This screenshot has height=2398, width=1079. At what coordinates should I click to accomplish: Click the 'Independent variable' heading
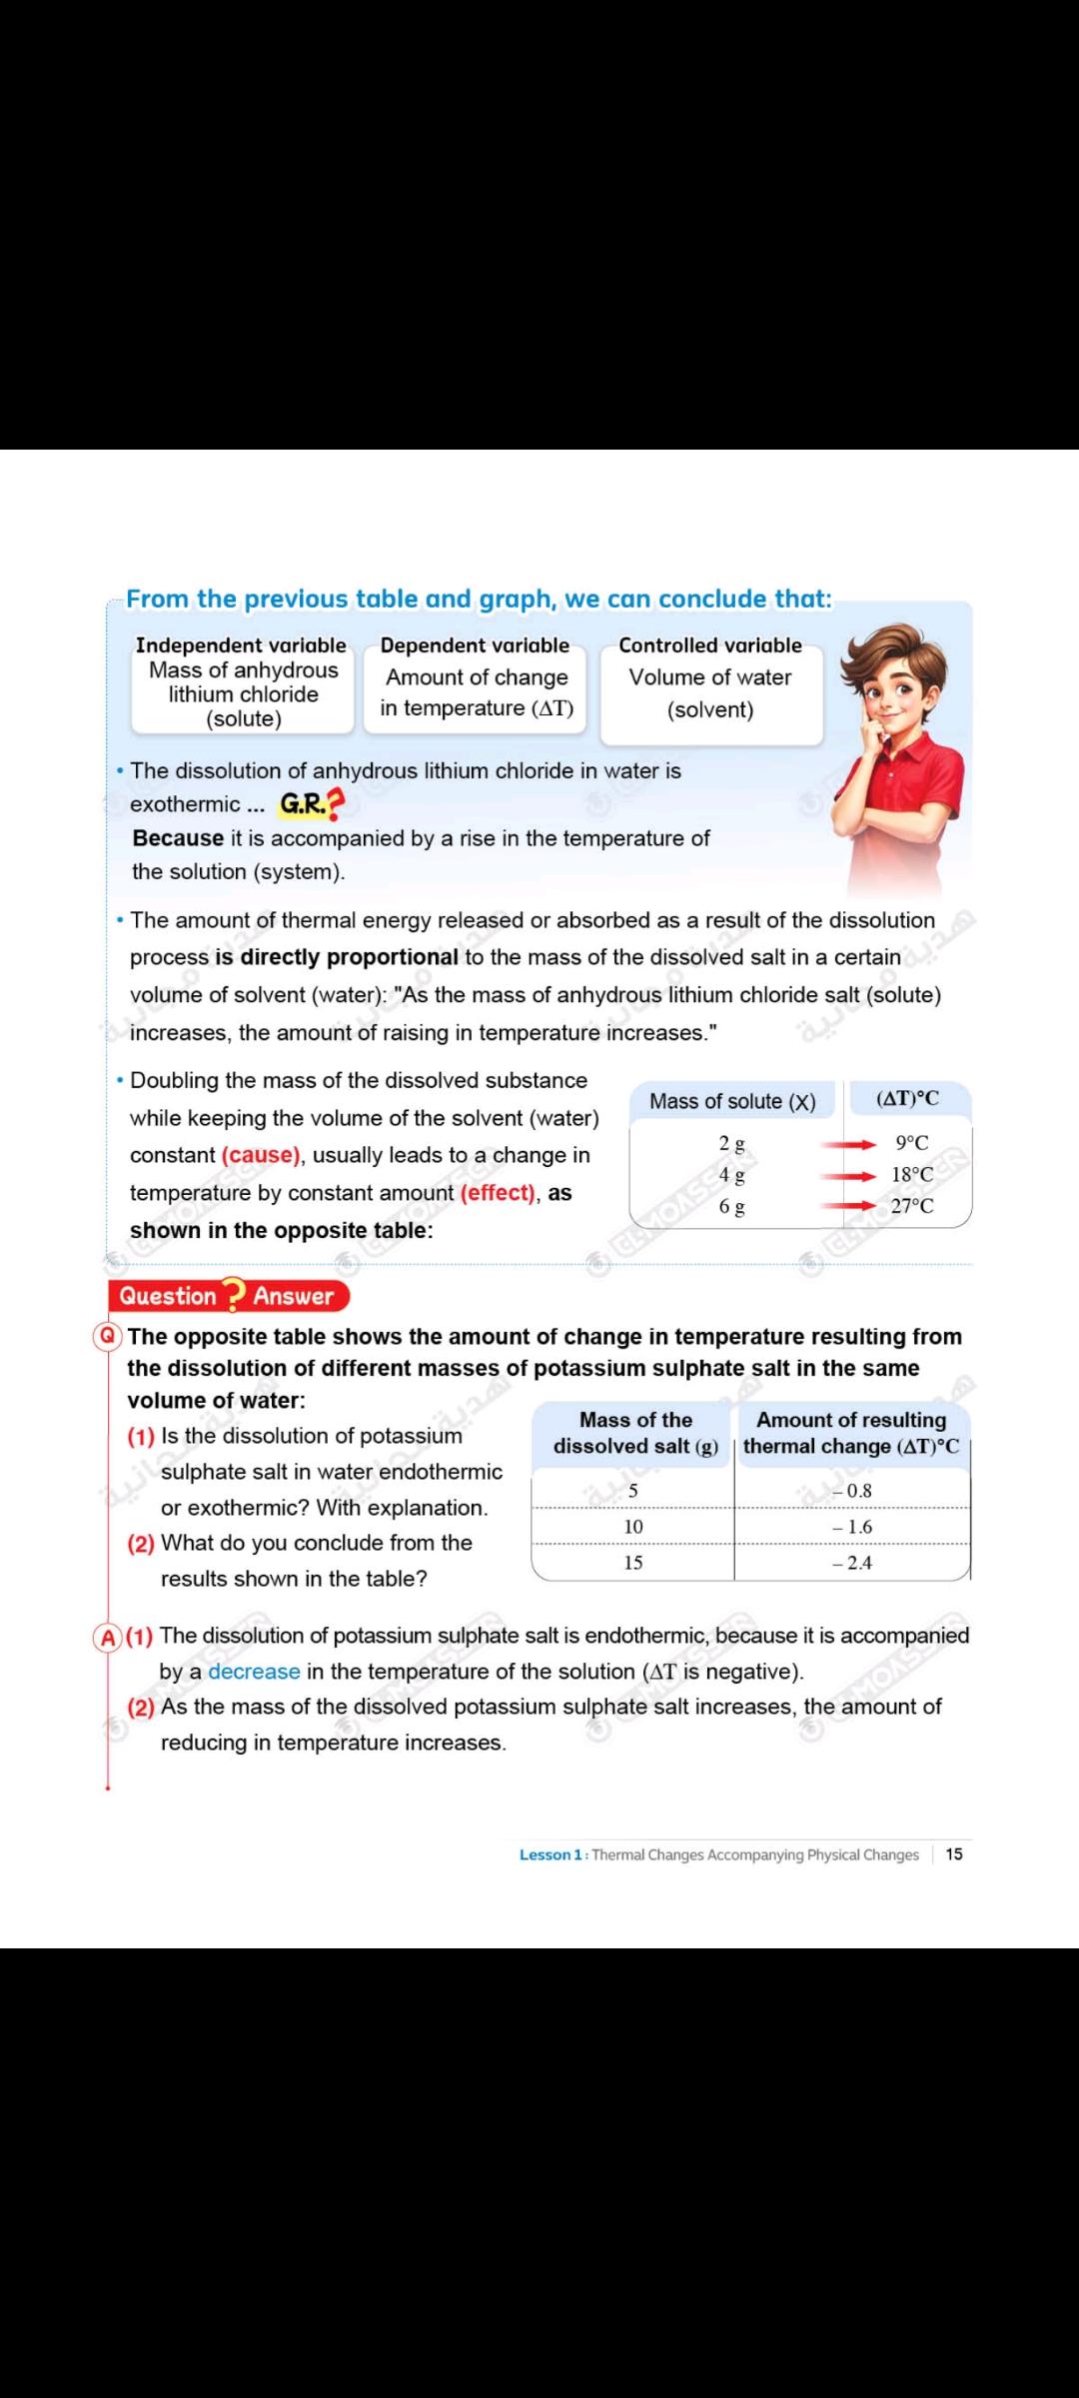coord(241,645)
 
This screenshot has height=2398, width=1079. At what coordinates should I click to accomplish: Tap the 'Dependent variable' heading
coord(475,645)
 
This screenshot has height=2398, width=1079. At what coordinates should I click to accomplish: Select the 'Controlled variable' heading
coord(710,645)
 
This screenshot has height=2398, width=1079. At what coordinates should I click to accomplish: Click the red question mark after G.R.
coord(335,803)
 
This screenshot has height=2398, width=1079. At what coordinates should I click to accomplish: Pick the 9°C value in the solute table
coord(912,1143)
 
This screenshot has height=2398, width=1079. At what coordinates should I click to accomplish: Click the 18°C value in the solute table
coord(912,1175)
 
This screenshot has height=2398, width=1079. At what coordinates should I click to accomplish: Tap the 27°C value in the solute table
coord(912,1206)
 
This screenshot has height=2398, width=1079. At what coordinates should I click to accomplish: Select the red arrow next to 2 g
coord(848,1145)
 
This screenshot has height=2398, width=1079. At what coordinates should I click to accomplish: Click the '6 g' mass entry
coord(732,1207)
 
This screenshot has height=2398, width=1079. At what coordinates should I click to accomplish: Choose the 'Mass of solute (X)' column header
coord(732,1101)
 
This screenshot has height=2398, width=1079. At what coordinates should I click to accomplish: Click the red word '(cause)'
coord(261,1155)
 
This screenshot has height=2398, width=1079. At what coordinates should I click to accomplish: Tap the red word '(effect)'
coord(498,1193)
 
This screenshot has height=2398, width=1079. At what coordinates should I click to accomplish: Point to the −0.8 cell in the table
coord(852,1491)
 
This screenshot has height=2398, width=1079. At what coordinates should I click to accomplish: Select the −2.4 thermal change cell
coord(852,1563)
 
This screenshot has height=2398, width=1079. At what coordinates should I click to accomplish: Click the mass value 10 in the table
coord(633,1527)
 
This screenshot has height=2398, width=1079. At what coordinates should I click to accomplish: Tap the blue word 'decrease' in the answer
coord(254,1672)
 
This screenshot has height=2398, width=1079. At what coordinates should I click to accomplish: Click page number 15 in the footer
coord(954,1854)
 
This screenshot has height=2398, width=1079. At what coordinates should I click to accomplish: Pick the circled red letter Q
coord(108,1336)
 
